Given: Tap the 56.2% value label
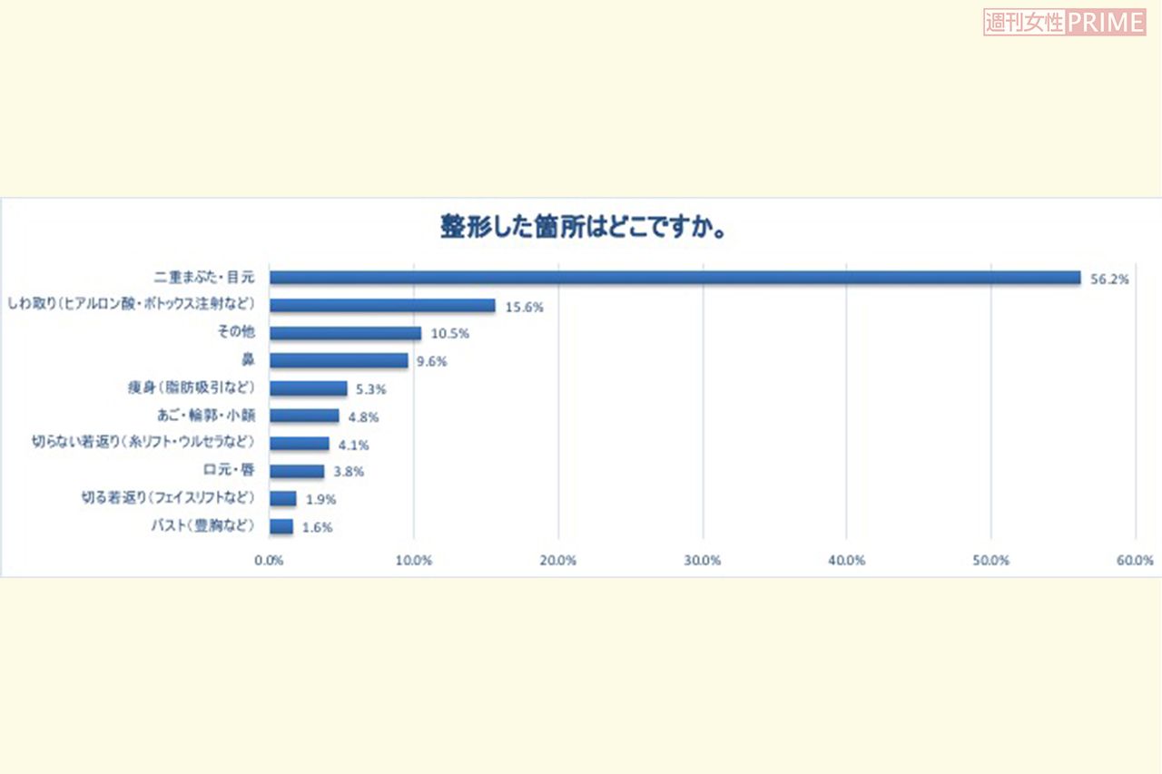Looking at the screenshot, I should (x=1109, y=279).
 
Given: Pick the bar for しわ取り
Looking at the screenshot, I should (x=382, y=306).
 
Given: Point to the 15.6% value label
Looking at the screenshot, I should (x=525, y=308).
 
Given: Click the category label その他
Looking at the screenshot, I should (x=236, y=333).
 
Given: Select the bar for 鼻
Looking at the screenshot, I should (x=339, y=360).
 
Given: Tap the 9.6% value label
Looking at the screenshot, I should (x=432, y=362).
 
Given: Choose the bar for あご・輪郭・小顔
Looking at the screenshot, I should (x=304, y=416).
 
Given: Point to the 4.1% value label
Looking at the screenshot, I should (x=353, y=446).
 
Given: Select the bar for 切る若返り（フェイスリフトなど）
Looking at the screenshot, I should (x=283, y=498).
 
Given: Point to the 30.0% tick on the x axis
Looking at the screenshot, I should (x=703, y=561).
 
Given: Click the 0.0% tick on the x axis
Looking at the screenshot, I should (x=270, y=561).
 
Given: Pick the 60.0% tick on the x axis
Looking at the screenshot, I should (x=1135, y=561).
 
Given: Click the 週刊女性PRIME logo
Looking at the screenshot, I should (x=1064, y=23).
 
